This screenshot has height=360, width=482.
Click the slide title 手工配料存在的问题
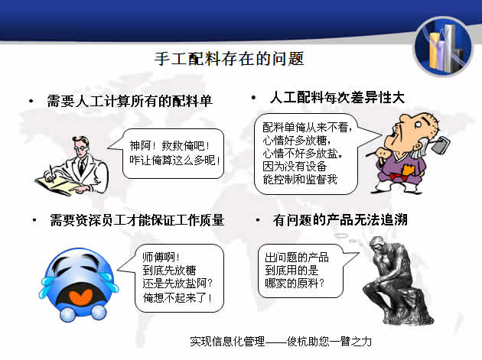click(241, 58)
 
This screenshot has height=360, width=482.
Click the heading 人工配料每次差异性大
click(337, 99)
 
